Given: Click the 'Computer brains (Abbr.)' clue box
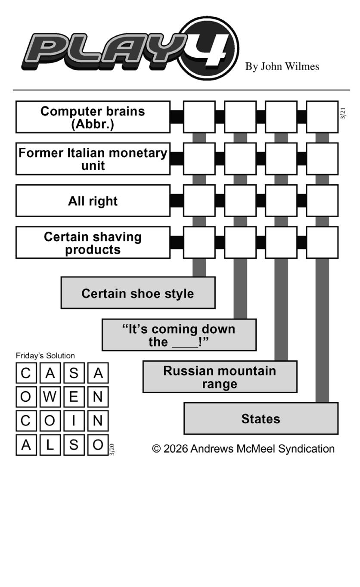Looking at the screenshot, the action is [x=93, y=117].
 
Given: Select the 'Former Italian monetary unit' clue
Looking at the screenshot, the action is [x=93, y=159].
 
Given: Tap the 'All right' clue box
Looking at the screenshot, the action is [x=93, y=201].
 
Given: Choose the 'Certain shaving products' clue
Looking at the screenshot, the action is [x=93, y=242].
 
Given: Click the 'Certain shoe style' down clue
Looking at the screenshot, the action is [x=138, y=293].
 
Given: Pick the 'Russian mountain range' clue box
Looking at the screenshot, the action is [x=220, y=376].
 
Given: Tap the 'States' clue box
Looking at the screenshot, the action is [x=261, y=419].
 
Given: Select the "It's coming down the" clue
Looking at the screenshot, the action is [x=179, y=335].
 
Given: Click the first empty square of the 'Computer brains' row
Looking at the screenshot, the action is [x=199, y=117].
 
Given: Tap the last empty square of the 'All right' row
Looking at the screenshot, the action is [x=322, y=201].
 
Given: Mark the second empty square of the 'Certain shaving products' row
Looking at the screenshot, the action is [x=240, y=242].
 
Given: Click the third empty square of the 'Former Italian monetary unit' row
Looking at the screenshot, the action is [x=281, y=159].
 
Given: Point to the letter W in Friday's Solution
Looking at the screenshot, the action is [x=50, y=397].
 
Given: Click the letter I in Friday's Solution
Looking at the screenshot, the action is [x=74, y=421].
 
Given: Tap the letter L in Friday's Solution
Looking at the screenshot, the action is [x=50, y=445].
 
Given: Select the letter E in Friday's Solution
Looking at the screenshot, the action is [x=74, y=397].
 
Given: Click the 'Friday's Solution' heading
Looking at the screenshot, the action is [x=45, y=356].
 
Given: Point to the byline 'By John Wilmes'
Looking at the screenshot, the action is [x=282, y=66].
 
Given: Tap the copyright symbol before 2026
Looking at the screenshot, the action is [x=156, y=449].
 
